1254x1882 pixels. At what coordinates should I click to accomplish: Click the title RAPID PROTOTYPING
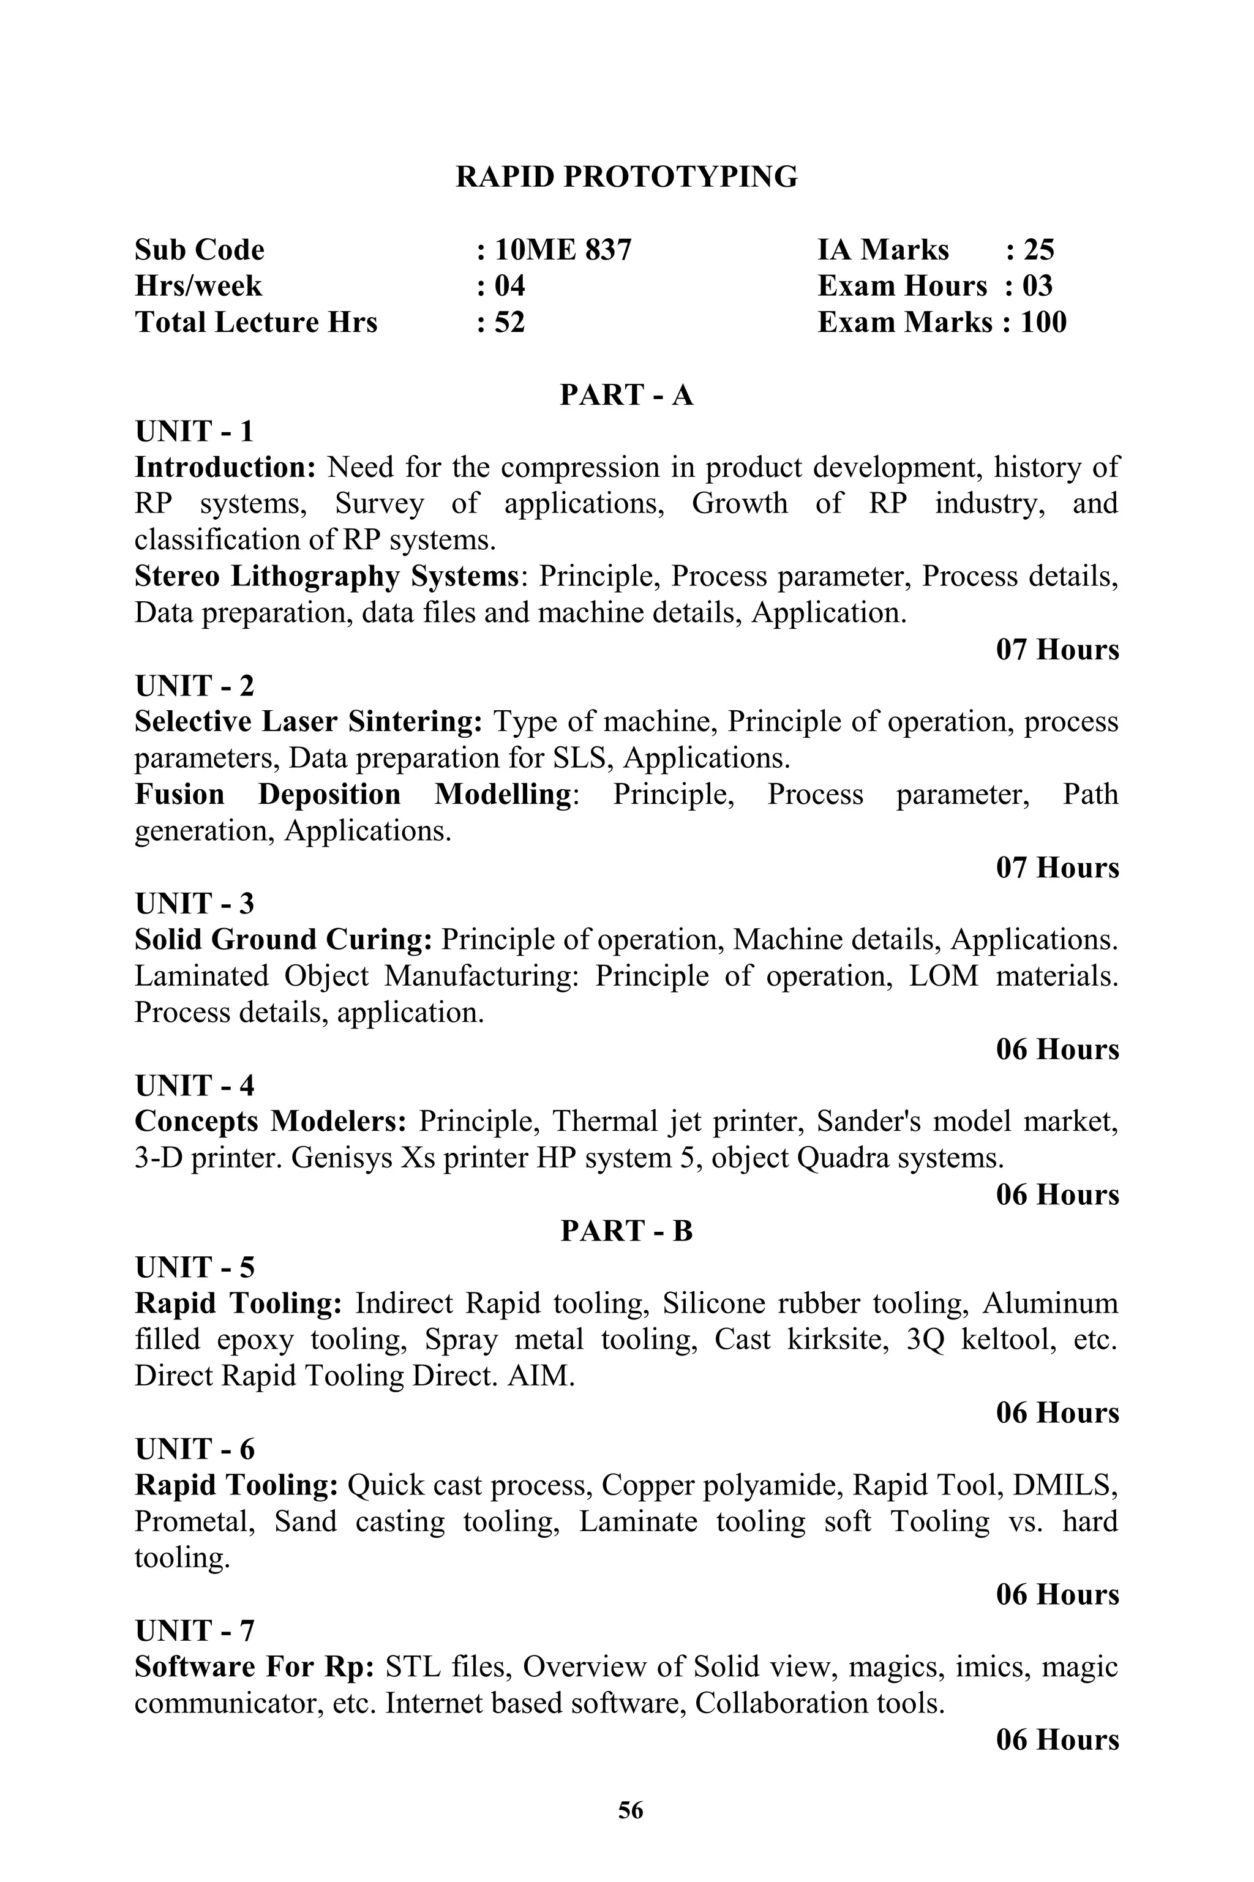click(626, 177)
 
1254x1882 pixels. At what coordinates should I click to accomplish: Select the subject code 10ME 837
click(562, 250)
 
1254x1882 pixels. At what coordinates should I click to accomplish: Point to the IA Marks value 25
click(1038, 250)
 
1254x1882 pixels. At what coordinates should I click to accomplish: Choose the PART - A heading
click(626, 395)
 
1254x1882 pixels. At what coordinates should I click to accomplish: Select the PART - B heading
click(626, 1231)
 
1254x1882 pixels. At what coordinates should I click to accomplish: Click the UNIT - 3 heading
click(194, 904)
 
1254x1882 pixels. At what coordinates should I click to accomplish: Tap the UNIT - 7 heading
click(194, 1630)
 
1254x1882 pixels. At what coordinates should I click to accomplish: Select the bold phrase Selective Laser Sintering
click(308, 722)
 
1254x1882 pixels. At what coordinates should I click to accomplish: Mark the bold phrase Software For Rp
click(254, 1667)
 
